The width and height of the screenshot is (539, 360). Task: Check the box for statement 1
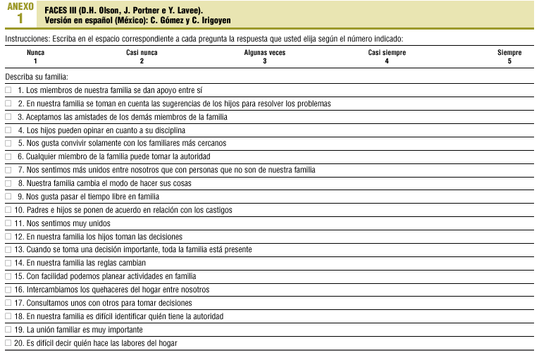click(x=8, y=90)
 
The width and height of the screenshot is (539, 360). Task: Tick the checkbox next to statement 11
click(x=8, y=223)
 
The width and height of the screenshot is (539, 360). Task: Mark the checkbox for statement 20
click(x=8, y=343)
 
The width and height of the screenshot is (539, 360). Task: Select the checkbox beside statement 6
click(x=8, y=156)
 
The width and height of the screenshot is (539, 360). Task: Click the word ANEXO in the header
click(x=20, y=6)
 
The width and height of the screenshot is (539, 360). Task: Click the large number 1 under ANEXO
click(x=20, y=18)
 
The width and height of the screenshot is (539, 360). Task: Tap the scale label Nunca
click(x=35, y=53)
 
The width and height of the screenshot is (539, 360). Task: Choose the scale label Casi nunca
click(x=142, y=53)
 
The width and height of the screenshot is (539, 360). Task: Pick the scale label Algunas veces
click(x=264, y=53)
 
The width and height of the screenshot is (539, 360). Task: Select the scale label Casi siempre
click(x=387, y=53)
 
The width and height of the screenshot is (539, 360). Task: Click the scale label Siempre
click(x=509, y=53)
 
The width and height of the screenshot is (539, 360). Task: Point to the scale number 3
click(x=264, y=61)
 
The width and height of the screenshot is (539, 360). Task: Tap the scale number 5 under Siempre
click(x=509, y=61)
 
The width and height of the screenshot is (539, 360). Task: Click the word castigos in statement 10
click(x=218, y=210)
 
